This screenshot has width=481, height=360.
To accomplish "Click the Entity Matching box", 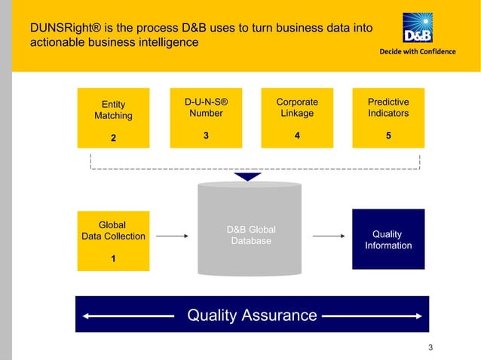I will (113, 117).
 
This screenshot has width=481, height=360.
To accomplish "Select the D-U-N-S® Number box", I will (205, 117).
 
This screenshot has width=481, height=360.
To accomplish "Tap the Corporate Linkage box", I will (296, 117).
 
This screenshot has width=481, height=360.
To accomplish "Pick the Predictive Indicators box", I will (388, 117).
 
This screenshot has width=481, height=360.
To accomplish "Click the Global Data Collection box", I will (113, 241).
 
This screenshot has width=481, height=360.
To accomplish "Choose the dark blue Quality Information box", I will (388, 239).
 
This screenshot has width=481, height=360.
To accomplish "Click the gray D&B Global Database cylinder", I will (250, 230).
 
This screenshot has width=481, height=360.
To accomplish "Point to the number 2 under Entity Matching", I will (113, 139).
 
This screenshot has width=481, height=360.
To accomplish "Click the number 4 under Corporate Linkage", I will (296, 136).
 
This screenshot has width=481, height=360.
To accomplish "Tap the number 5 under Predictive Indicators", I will (388, 136).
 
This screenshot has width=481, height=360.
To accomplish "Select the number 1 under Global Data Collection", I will (113, 259).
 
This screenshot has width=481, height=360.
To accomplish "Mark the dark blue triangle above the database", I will (247, 177).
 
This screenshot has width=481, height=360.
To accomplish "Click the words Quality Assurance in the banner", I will (252, 315).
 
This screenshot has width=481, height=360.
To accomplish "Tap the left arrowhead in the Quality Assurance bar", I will (86, 315).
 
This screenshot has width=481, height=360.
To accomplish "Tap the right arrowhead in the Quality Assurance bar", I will (418, 315).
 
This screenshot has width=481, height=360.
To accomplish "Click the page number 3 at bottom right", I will (430, 347).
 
